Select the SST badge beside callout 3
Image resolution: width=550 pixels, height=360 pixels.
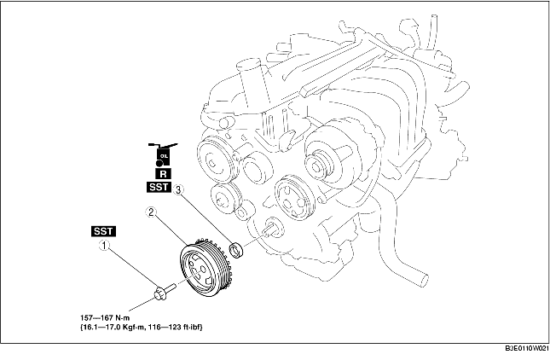[159, 185]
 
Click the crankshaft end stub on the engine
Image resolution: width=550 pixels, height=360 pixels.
[274, 229]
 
